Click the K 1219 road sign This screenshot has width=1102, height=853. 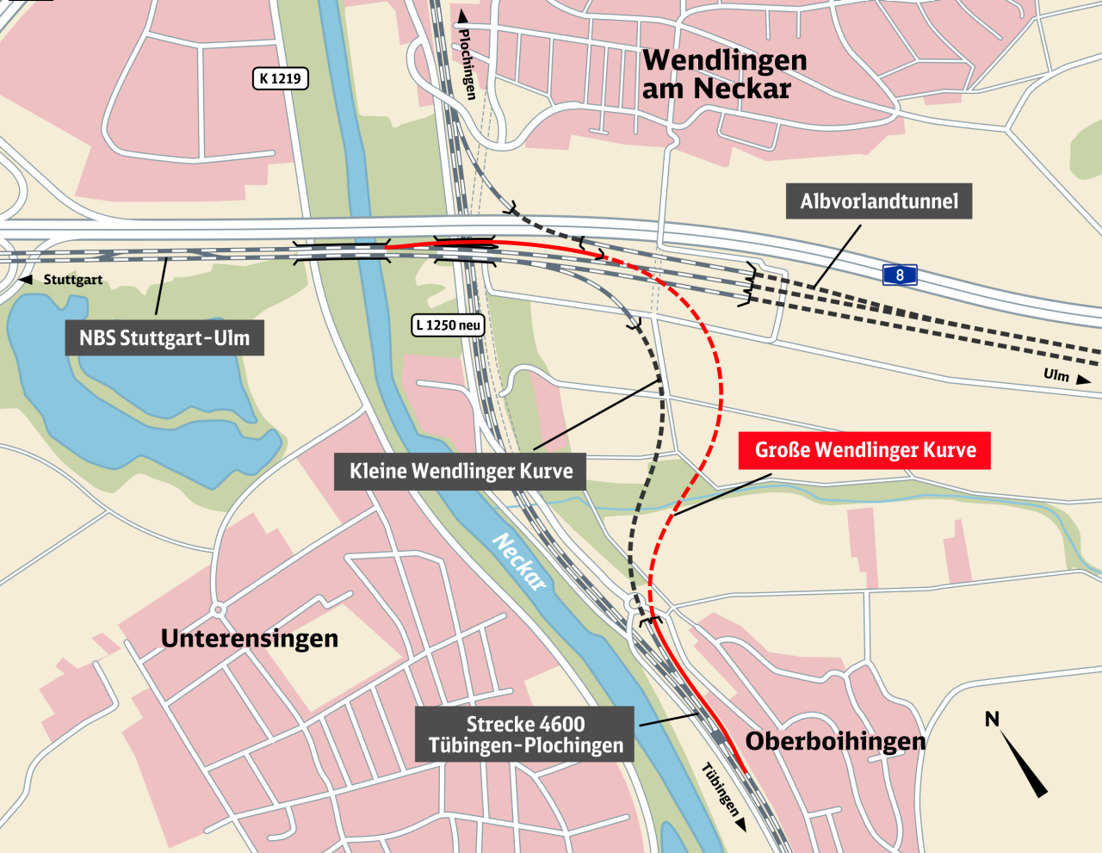tap(281, 79)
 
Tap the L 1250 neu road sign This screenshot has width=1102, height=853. tap(448, 325)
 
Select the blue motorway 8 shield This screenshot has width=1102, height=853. tap(900, 275)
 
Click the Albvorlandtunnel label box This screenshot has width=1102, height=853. tap(879, 201)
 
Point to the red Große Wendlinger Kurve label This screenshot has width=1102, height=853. tap(864, 450)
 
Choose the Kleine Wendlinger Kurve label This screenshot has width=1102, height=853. tap(461, 471)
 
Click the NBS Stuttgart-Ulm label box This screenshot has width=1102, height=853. tap(164, 338)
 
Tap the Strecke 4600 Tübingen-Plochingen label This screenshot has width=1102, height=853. tap(525, 734)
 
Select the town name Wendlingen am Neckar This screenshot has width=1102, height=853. tap(724, 74)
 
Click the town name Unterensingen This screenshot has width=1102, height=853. tap(250, 639)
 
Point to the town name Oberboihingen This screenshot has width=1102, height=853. tap(835, 741)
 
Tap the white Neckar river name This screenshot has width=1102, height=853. tap(520, 561)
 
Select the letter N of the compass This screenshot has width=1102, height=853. tap(992, 719)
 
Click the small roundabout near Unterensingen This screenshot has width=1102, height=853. tap(219, 609)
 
